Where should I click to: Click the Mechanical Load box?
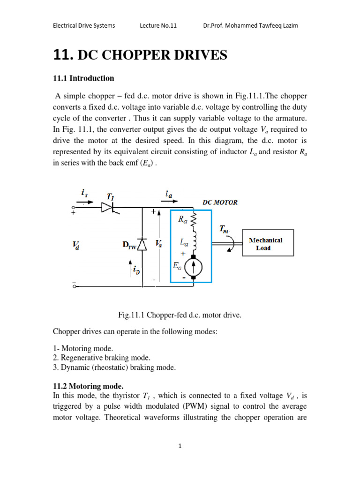268,243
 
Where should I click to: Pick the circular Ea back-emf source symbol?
193,268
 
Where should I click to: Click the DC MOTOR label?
220,202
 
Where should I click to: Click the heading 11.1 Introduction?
83,78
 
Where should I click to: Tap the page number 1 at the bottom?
180,446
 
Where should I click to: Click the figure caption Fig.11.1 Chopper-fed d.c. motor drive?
180,315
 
